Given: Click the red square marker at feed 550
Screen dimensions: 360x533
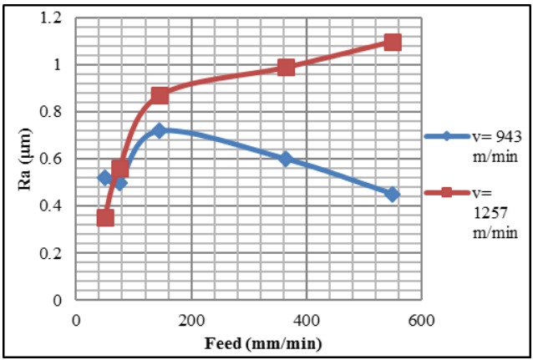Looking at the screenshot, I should pos(392,43).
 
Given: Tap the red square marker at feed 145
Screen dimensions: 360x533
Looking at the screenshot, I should pos(160,95).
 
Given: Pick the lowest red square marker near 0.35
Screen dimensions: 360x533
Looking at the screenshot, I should pos(105,218).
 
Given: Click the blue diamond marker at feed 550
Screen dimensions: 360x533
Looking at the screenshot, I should pos(392,194).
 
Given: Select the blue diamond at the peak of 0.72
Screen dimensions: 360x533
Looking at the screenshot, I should pos(160,130).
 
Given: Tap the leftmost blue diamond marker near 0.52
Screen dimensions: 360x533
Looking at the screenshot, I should pos(105,177).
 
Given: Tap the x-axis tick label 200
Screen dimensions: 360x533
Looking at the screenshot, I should pos(191,319).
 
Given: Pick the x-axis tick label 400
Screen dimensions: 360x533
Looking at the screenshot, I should pos(306,319).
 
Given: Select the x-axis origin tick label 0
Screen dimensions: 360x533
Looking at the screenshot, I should pos(77,319).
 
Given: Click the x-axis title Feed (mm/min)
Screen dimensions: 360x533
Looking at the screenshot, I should pos(249,342).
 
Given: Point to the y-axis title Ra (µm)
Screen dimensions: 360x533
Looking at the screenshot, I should pos(26,159).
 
